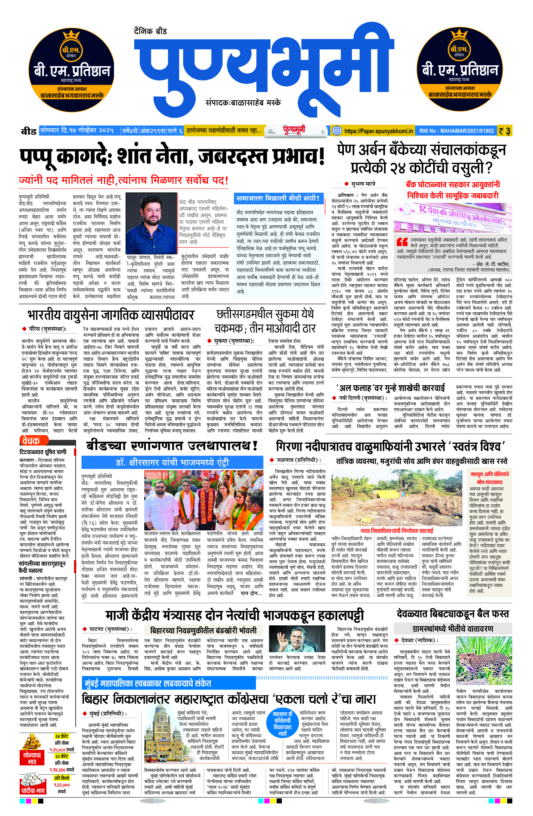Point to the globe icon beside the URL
(337, 131)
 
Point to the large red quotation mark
(401, 242)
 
